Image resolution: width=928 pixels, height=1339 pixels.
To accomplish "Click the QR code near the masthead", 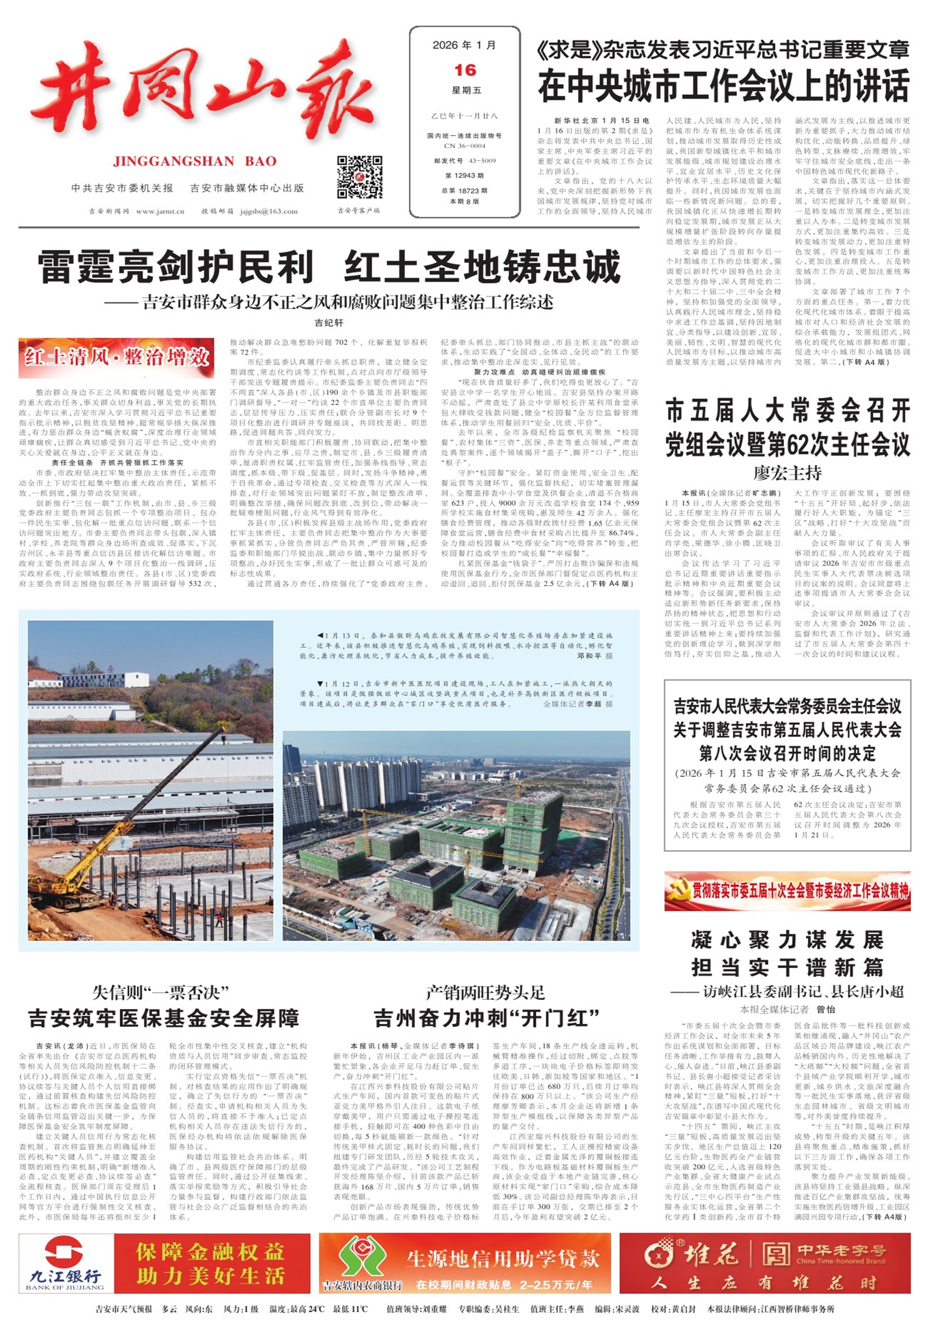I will click(x=359, y=177).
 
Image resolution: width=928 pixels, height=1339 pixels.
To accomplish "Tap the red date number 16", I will click(x=465, y=71).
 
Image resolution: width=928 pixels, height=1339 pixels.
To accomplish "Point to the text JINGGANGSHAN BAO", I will click(x=195, y=161).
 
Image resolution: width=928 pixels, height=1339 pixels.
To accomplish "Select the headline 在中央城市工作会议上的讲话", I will click(x=724, y=85).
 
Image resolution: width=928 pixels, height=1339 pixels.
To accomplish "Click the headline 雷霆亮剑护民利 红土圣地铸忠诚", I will click(x=329, y=267).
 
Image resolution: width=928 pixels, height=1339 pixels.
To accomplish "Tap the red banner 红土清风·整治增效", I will click(x=116, y=357).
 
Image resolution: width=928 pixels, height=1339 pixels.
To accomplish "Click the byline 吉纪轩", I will click(x=329, y=322).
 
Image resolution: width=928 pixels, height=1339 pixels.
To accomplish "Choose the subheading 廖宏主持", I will click(x=787, y=472).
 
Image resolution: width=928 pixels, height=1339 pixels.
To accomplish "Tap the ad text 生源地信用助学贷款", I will click(x=502, y=1258).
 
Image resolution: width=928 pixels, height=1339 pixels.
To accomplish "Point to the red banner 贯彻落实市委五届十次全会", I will click(x=787, y=891).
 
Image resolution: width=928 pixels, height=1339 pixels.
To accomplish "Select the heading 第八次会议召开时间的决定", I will click(x=787, y=753).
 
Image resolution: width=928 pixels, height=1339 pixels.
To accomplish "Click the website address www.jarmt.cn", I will click(x=160, y=211).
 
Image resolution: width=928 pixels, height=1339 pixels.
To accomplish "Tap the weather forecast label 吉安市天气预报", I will click(x=124, y=1309).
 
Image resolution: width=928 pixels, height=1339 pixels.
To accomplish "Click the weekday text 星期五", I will click(x=466, y=90).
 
